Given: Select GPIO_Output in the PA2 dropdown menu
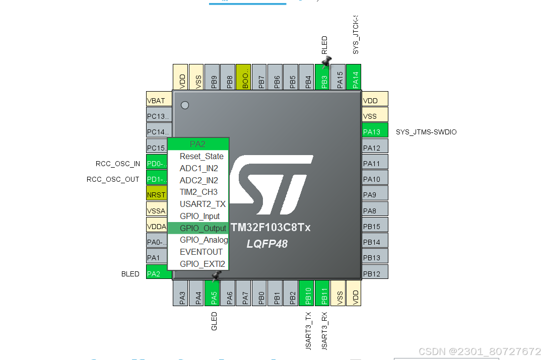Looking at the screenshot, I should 202,228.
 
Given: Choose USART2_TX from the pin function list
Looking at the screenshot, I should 202,204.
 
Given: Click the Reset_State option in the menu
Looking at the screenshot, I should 201,156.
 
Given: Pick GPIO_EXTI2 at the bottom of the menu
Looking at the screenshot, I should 202,264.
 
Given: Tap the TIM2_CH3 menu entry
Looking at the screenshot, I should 198,192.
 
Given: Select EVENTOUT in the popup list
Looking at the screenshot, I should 200,252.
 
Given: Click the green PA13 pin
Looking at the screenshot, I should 375,132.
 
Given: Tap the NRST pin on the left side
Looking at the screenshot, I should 156,194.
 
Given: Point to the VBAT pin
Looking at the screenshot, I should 156,100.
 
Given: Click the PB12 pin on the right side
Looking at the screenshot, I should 375,273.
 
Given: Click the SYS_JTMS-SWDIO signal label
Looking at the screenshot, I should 426,132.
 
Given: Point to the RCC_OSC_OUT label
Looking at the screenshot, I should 113,179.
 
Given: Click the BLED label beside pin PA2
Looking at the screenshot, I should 130,274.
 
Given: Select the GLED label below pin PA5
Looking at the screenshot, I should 214,321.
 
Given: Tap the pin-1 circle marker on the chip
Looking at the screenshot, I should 185,105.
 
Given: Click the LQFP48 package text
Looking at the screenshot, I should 267,244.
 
